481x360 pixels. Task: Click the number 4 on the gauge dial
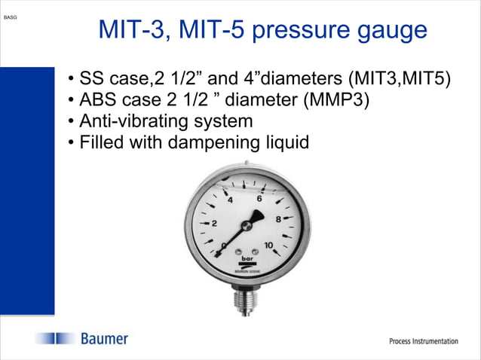(230, 200)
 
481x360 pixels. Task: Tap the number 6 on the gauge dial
(260, 199)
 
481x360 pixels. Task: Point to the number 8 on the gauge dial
(278, 219)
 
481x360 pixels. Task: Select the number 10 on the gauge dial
(269, 244)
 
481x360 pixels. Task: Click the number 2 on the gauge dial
(214, 224)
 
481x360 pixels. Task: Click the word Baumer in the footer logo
(105, 339)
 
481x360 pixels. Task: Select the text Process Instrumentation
(423, 341)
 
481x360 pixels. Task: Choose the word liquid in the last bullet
(287, 142)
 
